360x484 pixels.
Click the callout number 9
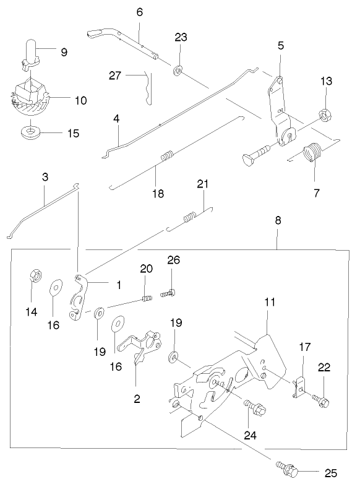tap(64, 53)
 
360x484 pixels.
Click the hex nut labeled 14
tap(35, 274)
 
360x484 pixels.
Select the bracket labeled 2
tap(141, 347)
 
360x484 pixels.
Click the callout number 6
tap(139, 12)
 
